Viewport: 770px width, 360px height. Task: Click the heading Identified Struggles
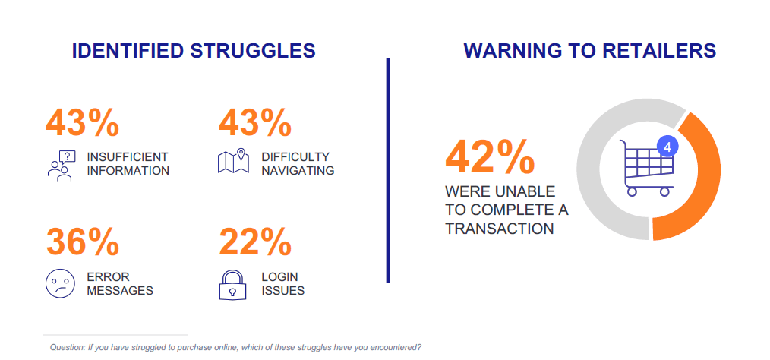click(x=194, y=51)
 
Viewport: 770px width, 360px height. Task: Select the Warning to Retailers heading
click(x=590, y=51)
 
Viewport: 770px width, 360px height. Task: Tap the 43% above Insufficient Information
click(x=83, y=123)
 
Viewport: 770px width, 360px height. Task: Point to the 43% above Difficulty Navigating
click(x=255, y=123)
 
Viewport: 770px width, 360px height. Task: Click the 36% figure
click(x=83, y=242)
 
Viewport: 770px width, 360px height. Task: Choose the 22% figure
click(x=255, y=242)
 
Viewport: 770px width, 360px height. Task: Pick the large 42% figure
click(x=490, y=157)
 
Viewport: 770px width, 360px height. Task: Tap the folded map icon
click(x=233, y=160)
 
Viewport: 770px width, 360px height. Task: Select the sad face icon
click(x=61, y=283)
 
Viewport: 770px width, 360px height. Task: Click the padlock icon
click(x=232, y=284)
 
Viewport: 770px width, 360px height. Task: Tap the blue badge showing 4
click(x=667, y=147)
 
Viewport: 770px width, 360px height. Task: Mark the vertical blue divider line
click(x=388, y=170)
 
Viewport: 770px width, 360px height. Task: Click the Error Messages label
click(x=120, y=284)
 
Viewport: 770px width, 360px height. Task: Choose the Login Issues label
click(x=282, y=284)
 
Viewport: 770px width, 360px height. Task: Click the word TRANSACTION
click(x=500, y=229)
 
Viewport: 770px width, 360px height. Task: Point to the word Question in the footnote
click(x=68, y=348)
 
